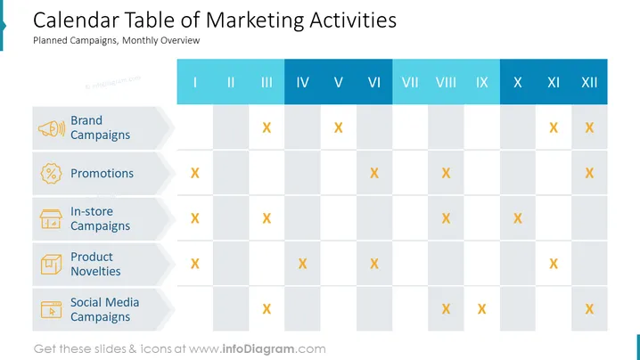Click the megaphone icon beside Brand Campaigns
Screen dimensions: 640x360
52,128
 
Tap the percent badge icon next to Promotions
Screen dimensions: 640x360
51,174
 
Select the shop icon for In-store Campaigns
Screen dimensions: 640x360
51,219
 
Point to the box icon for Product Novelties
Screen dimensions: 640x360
51,264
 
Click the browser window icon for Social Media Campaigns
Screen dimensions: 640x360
51,309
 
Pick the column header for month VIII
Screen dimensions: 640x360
446,83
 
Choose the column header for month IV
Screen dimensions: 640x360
302,83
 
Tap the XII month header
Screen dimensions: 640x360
589,83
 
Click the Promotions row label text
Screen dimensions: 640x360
102,174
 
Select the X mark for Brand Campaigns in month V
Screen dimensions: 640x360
339,127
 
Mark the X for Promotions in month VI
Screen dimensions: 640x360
374,173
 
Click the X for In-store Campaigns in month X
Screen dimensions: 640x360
518,218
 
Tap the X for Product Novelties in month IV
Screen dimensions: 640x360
302,264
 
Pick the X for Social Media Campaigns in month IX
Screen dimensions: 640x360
481,309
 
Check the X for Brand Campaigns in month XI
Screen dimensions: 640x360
554,127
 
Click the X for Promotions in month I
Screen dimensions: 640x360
195,173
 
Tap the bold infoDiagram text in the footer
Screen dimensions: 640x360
258,349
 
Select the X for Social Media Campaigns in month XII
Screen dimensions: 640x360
589,309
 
